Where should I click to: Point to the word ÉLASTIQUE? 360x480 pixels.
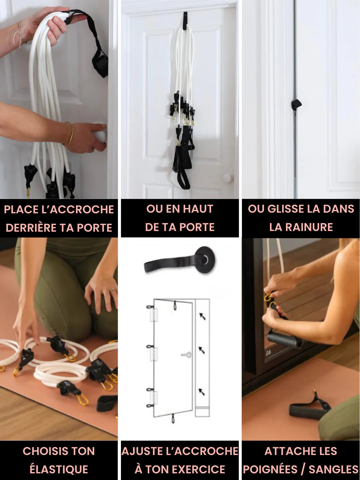pos(59,469)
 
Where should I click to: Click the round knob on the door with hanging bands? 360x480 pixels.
pos(227,178)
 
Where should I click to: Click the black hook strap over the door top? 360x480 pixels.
pos(185,20)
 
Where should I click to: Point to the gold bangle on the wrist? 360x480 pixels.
pos(70,133)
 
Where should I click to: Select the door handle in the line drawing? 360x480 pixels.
pos(186,355)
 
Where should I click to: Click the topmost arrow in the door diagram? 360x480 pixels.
pos(202,316)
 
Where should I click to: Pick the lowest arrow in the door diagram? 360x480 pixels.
pos(202,392)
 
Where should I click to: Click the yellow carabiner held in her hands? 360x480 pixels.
pos(268,296)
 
